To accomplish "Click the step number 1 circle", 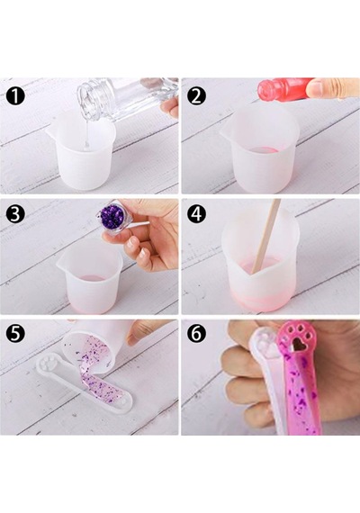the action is (15, 95).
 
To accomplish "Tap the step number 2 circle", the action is (196, 95).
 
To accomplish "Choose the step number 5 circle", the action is (15, 333).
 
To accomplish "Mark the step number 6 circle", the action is (196, 333).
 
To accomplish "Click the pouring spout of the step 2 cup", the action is (225, 132).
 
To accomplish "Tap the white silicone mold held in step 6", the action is (266, 376).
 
